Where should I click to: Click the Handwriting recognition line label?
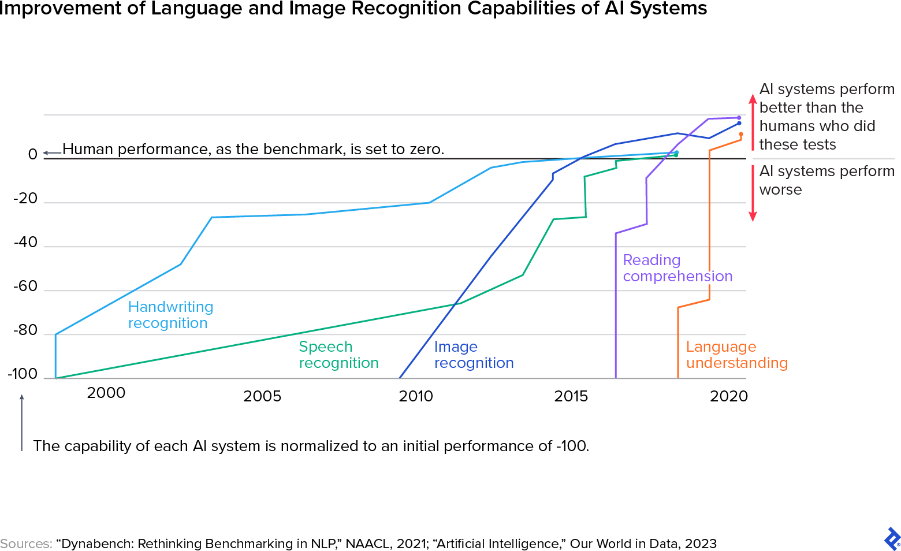170,315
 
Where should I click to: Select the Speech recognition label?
338,355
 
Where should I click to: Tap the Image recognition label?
474,355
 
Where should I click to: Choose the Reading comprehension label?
677,268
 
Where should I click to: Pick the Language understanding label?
736,355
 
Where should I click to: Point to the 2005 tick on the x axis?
262,396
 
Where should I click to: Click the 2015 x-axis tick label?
571,396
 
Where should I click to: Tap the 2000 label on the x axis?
106,393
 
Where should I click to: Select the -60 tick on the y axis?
25,286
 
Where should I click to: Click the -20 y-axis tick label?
25,198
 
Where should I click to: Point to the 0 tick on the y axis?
33,154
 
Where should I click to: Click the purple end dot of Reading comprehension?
739,118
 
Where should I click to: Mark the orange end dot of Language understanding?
741,134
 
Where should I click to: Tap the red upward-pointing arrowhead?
753,98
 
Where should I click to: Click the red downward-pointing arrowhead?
753,217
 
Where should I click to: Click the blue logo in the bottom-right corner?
892,539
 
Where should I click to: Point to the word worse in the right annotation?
780,190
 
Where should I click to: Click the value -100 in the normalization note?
572,446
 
